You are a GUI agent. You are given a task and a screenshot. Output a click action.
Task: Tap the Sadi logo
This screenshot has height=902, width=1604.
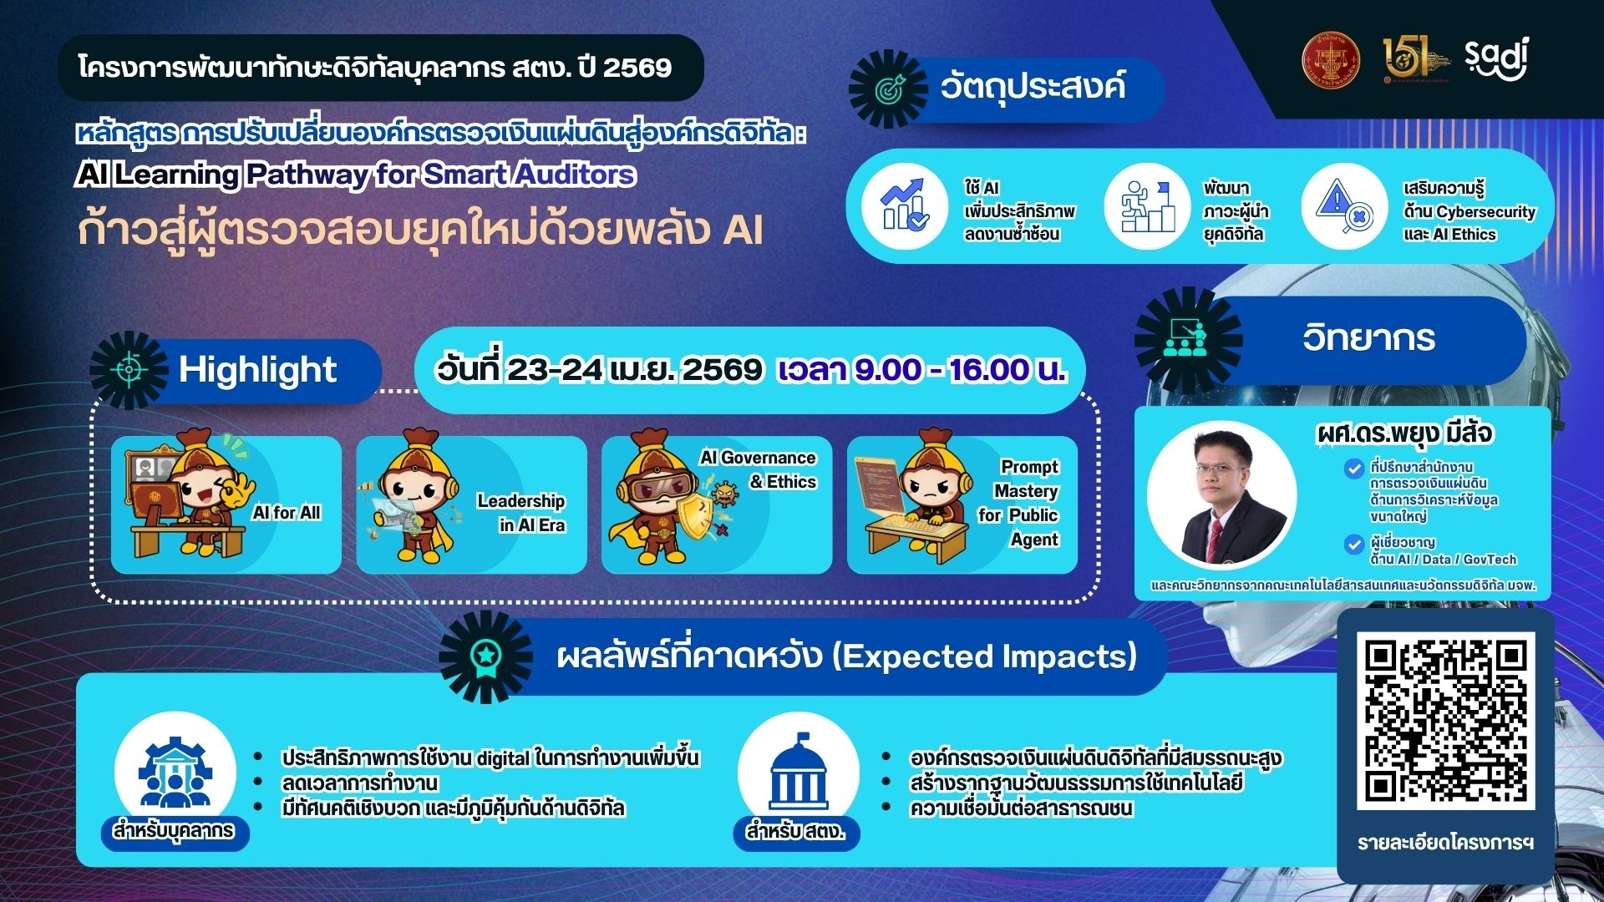[x=1495, y=58]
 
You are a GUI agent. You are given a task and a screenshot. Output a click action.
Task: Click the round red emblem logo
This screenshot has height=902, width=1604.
[x=1331, y=60]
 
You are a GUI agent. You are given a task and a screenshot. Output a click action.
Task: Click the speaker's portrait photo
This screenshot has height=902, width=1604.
[x=1221, y=494]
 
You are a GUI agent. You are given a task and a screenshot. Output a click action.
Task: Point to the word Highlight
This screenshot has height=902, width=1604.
[x=257, y=370]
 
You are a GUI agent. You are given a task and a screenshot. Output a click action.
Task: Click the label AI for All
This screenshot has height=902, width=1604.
[x=287, y=513]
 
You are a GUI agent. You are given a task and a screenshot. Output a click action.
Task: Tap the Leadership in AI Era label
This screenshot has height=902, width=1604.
[x=522, y=513]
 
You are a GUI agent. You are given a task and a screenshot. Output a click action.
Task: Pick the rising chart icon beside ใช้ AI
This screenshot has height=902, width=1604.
[x=905, y=205]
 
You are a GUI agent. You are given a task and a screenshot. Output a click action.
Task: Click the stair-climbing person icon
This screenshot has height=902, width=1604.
[x=1146, y=205]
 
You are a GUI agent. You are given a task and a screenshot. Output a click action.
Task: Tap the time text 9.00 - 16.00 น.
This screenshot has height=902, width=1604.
[x=921, y=369]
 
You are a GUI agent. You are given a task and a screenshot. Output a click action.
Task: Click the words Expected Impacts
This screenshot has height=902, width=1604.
[x=985, y=656]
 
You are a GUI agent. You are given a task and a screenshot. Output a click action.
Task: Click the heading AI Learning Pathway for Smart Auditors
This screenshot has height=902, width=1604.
[x=356, y=175]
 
